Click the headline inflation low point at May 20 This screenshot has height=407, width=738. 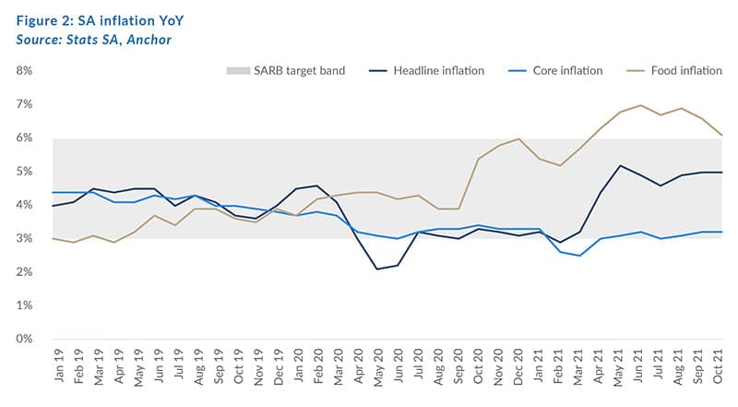[377, 269]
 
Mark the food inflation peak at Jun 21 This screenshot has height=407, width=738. [640, 105]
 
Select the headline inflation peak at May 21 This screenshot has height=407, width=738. [620, 165]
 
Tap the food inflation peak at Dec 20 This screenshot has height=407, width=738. [518, 138]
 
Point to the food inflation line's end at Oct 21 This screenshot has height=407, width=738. [720, 136]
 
